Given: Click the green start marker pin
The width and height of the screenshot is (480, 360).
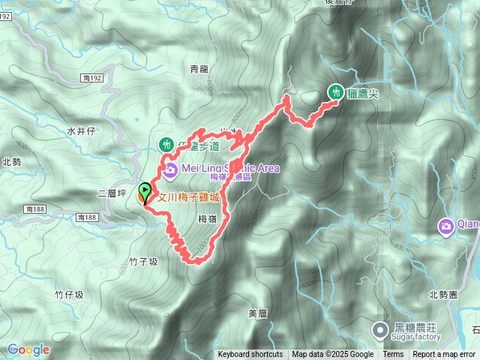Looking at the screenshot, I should click(x=143, y=191).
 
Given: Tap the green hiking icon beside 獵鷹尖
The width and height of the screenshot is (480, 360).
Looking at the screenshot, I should click(x=335, y=91).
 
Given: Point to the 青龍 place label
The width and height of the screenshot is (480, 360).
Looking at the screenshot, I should click(x=199, y=69).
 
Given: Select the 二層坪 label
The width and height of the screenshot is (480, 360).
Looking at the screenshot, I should click(x=110, y=193).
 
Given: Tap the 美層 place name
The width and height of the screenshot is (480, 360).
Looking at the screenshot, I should click(x=257, y=312).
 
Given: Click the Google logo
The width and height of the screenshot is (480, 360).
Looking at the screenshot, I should click(x=28, y=349).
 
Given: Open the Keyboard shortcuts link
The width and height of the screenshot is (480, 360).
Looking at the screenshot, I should click(x=250, y=355).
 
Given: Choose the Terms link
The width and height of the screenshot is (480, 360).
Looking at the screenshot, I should click(x=393, y=355).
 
